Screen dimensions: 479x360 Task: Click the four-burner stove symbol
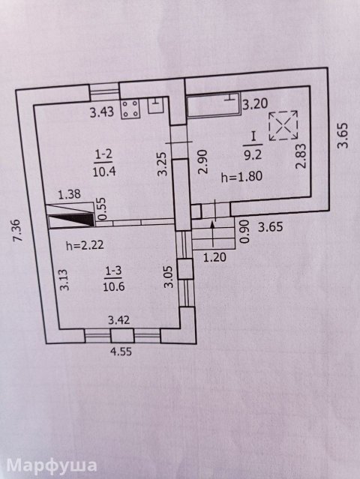(130, 109)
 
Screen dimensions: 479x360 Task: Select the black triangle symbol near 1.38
(72, 219)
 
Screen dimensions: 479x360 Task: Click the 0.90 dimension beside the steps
(242, 229)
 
